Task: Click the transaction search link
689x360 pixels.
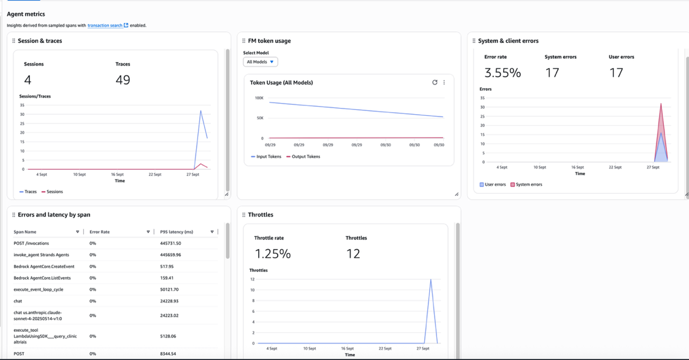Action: [105, 26]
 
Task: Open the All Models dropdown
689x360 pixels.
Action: [261, 62]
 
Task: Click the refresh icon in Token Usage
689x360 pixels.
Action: [435, 82]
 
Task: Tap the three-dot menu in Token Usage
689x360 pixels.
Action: [444, 82]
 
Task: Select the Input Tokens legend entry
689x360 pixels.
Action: [266, 156]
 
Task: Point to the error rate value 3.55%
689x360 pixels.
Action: [503, 73]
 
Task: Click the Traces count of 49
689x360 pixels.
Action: [123, 80]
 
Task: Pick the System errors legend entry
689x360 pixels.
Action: [526, 185]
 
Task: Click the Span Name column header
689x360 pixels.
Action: [25, 232]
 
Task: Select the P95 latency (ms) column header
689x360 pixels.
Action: [177, 232]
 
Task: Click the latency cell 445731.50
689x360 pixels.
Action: [170, 243]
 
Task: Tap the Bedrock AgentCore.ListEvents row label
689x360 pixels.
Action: [38, 278]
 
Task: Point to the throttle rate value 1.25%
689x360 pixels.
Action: [273, 254]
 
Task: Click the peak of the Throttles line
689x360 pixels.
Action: [431, 280]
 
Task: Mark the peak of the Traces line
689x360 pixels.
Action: [200, 111]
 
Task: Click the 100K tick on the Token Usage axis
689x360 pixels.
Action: [259, 98]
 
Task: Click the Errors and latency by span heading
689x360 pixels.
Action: [54, 215]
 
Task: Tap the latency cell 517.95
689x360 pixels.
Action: [167, 267]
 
